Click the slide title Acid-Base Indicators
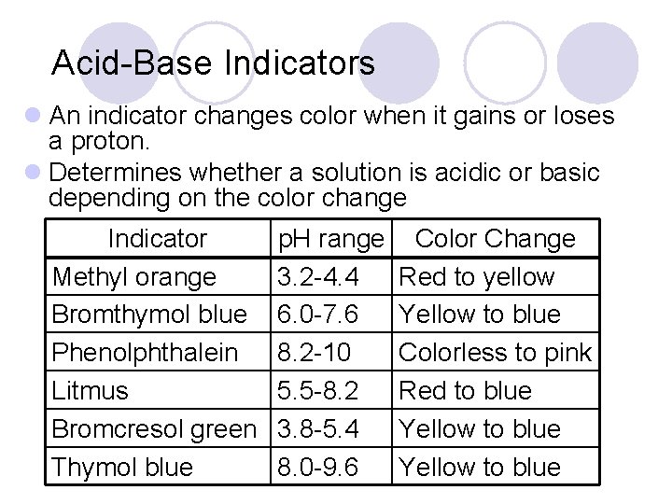[213, 63]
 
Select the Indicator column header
[157, 239]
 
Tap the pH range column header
[330, 239]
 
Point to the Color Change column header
[495, 239]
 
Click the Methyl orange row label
[133, 277]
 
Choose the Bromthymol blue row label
[149, 315]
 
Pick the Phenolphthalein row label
[145, 353]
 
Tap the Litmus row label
[91, 391]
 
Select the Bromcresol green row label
[154, 429]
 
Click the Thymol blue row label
[122, 467]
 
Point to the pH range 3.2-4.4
[318, 277]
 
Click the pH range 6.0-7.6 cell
[318, 315]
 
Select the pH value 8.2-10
[312, 353]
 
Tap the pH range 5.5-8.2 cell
[318, 391]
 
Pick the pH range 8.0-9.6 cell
[318, 467]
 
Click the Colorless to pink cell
[495, 353]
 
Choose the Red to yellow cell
[476, 277]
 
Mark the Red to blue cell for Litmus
[465, 391]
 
